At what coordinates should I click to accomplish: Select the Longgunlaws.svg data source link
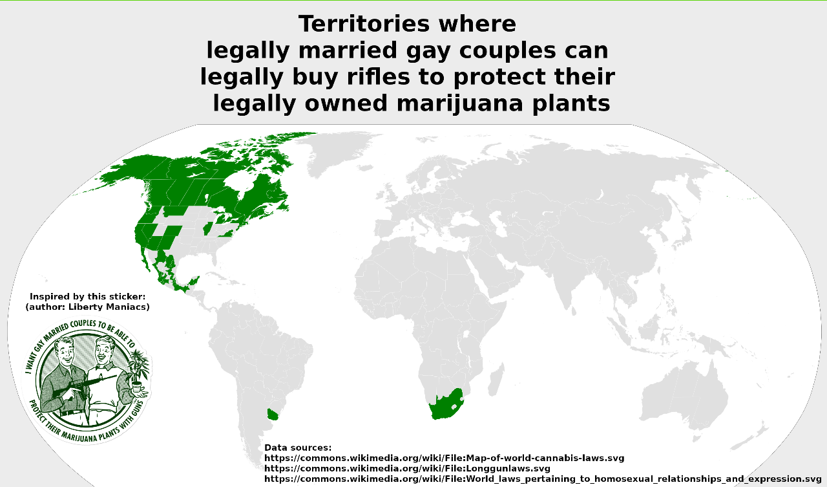(x=407, y=468)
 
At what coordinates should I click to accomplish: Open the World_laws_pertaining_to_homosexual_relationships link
(x=543, y=479)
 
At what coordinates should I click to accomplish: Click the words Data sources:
(x=298, y=448)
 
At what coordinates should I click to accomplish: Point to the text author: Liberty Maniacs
(x=87, y=307)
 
